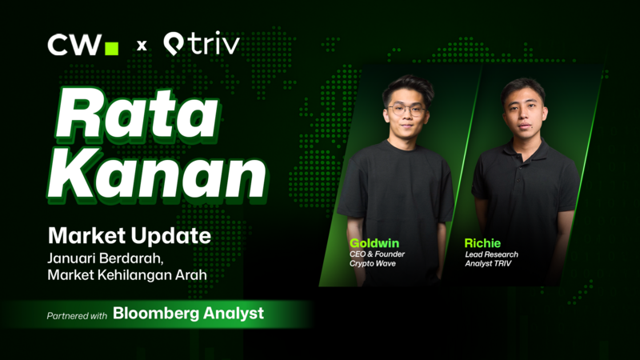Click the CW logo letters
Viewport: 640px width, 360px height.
point(74,46)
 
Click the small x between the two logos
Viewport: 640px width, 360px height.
point(142,46)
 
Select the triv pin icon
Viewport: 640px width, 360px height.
point(174,45)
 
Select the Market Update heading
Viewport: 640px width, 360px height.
point(129,236)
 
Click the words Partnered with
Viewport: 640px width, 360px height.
point(77,315)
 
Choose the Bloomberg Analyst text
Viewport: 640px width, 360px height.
point(188,314)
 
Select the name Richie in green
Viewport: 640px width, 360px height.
point(483,242)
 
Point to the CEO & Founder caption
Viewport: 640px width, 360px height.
point(378,254)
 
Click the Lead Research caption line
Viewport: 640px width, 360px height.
point(490,254)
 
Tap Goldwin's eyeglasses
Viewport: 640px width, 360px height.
point(406,110)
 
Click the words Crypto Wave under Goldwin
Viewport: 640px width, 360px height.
point(374,265)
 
